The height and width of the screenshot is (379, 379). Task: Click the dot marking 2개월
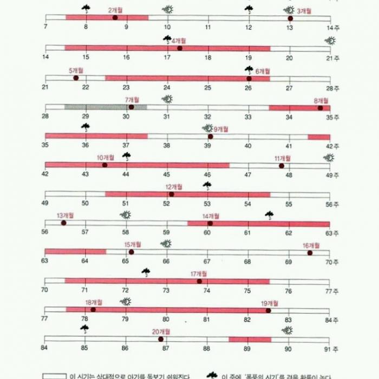point(115,18)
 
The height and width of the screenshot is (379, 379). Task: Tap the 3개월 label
point(304,11)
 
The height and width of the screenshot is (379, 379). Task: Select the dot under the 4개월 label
point(179,48)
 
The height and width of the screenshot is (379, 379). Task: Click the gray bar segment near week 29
point(106,107)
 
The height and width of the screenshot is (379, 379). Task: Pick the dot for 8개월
point(320,108)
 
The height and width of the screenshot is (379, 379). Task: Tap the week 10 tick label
point(167,27)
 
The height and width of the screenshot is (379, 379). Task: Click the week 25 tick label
point(207,88)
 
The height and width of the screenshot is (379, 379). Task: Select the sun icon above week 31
point(167,99)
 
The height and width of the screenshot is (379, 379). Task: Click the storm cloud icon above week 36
point(86,127)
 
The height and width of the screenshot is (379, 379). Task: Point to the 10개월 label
point(106,158)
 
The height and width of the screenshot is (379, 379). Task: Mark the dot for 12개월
point(171,194)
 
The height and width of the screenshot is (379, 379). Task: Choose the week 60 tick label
point(207,233)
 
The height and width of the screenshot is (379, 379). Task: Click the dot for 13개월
point(63,223)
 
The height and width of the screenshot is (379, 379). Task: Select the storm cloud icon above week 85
point(85,328)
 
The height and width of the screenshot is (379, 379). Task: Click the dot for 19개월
point(268,310)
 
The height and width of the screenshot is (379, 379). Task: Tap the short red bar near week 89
point(250,339)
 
